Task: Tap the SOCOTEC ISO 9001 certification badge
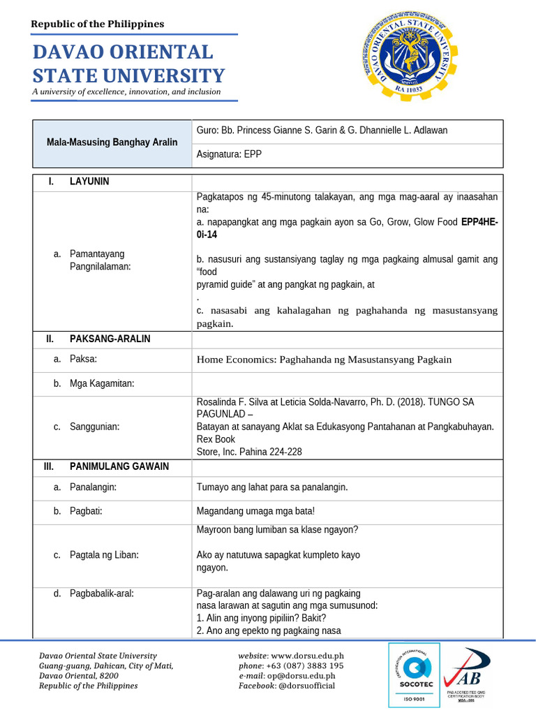(x=414, y=675)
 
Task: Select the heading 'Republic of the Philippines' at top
(x=97, y=24)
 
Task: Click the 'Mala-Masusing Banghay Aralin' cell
(x=112, y=142)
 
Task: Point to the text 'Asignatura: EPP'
(x=230, y=155)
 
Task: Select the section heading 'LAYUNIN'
(x=89, y=182)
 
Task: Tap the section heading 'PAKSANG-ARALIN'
(x=110, y=339)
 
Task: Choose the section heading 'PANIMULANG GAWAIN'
(x=119, y=466)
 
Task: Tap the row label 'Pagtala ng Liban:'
(x=104, y=555)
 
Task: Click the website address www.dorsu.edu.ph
(x=306, y=656)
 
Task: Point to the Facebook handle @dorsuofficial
(x=306, y=686)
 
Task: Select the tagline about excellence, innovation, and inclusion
(x=126, y=91)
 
